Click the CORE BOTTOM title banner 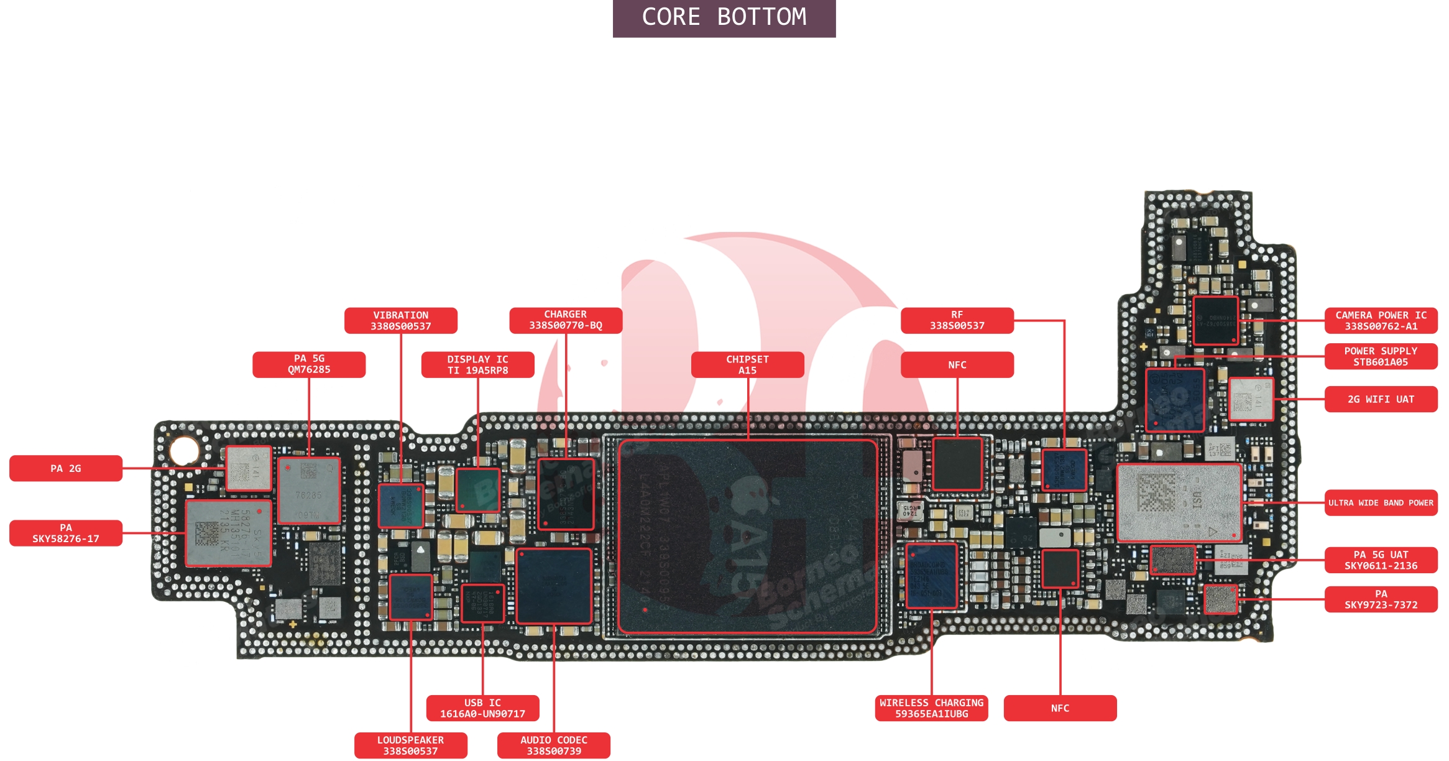[x=724, y=17]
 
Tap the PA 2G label [x=65, y=468]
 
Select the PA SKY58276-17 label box [x=65, y=533]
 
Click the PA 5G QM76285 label [x=308, y=364]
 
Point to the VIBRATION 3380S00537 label [x=400, y=321]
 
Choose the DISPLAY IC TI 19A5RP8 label [x=477, y=365]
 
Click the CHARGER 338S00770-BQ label [x=565, y=320]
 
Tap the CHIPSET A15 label [x=747, y=365]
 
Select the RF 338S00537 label [x=957, y=320]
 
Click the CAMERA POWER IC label [x=1381, y=321]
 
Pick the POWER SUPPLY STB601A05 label [x=1381, y=356]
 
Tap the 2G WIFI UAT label [x=1381, y=399]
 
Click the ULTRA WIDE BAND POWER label [x=1381, y=503]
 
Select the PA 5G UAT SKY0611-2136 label [x=1381, y=560]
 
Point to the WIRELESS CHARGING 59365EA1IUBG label [x=931, y=708]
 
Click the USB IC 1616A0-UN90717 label [x=482, y=708]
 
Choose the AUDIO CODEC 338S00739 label [x=553, y=745]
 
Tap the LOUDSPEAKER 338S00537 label [x=410, y=745]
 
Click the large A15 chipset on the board [x=747, y=537]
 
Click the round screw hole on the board [x=184, y=451]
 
